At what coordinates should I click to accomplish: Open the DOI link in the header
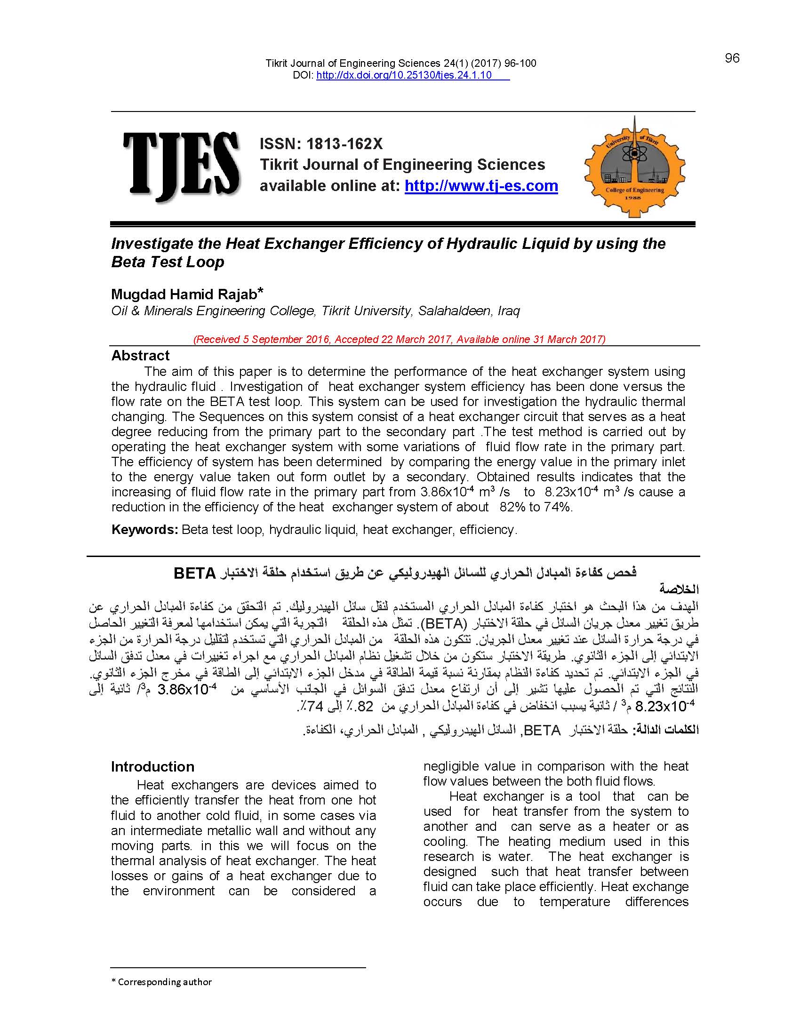click(x=404, y=75)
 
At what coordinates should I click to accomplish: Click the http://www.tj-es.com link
click(x=481, y=186)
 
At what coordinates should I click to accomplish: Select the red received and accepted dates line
click(x=399, y=339)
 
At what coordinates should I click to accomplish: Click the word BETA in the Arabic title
click(x=195, y=573)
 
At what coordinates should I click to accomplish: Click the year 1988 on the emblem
click(x=635, y=198)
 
